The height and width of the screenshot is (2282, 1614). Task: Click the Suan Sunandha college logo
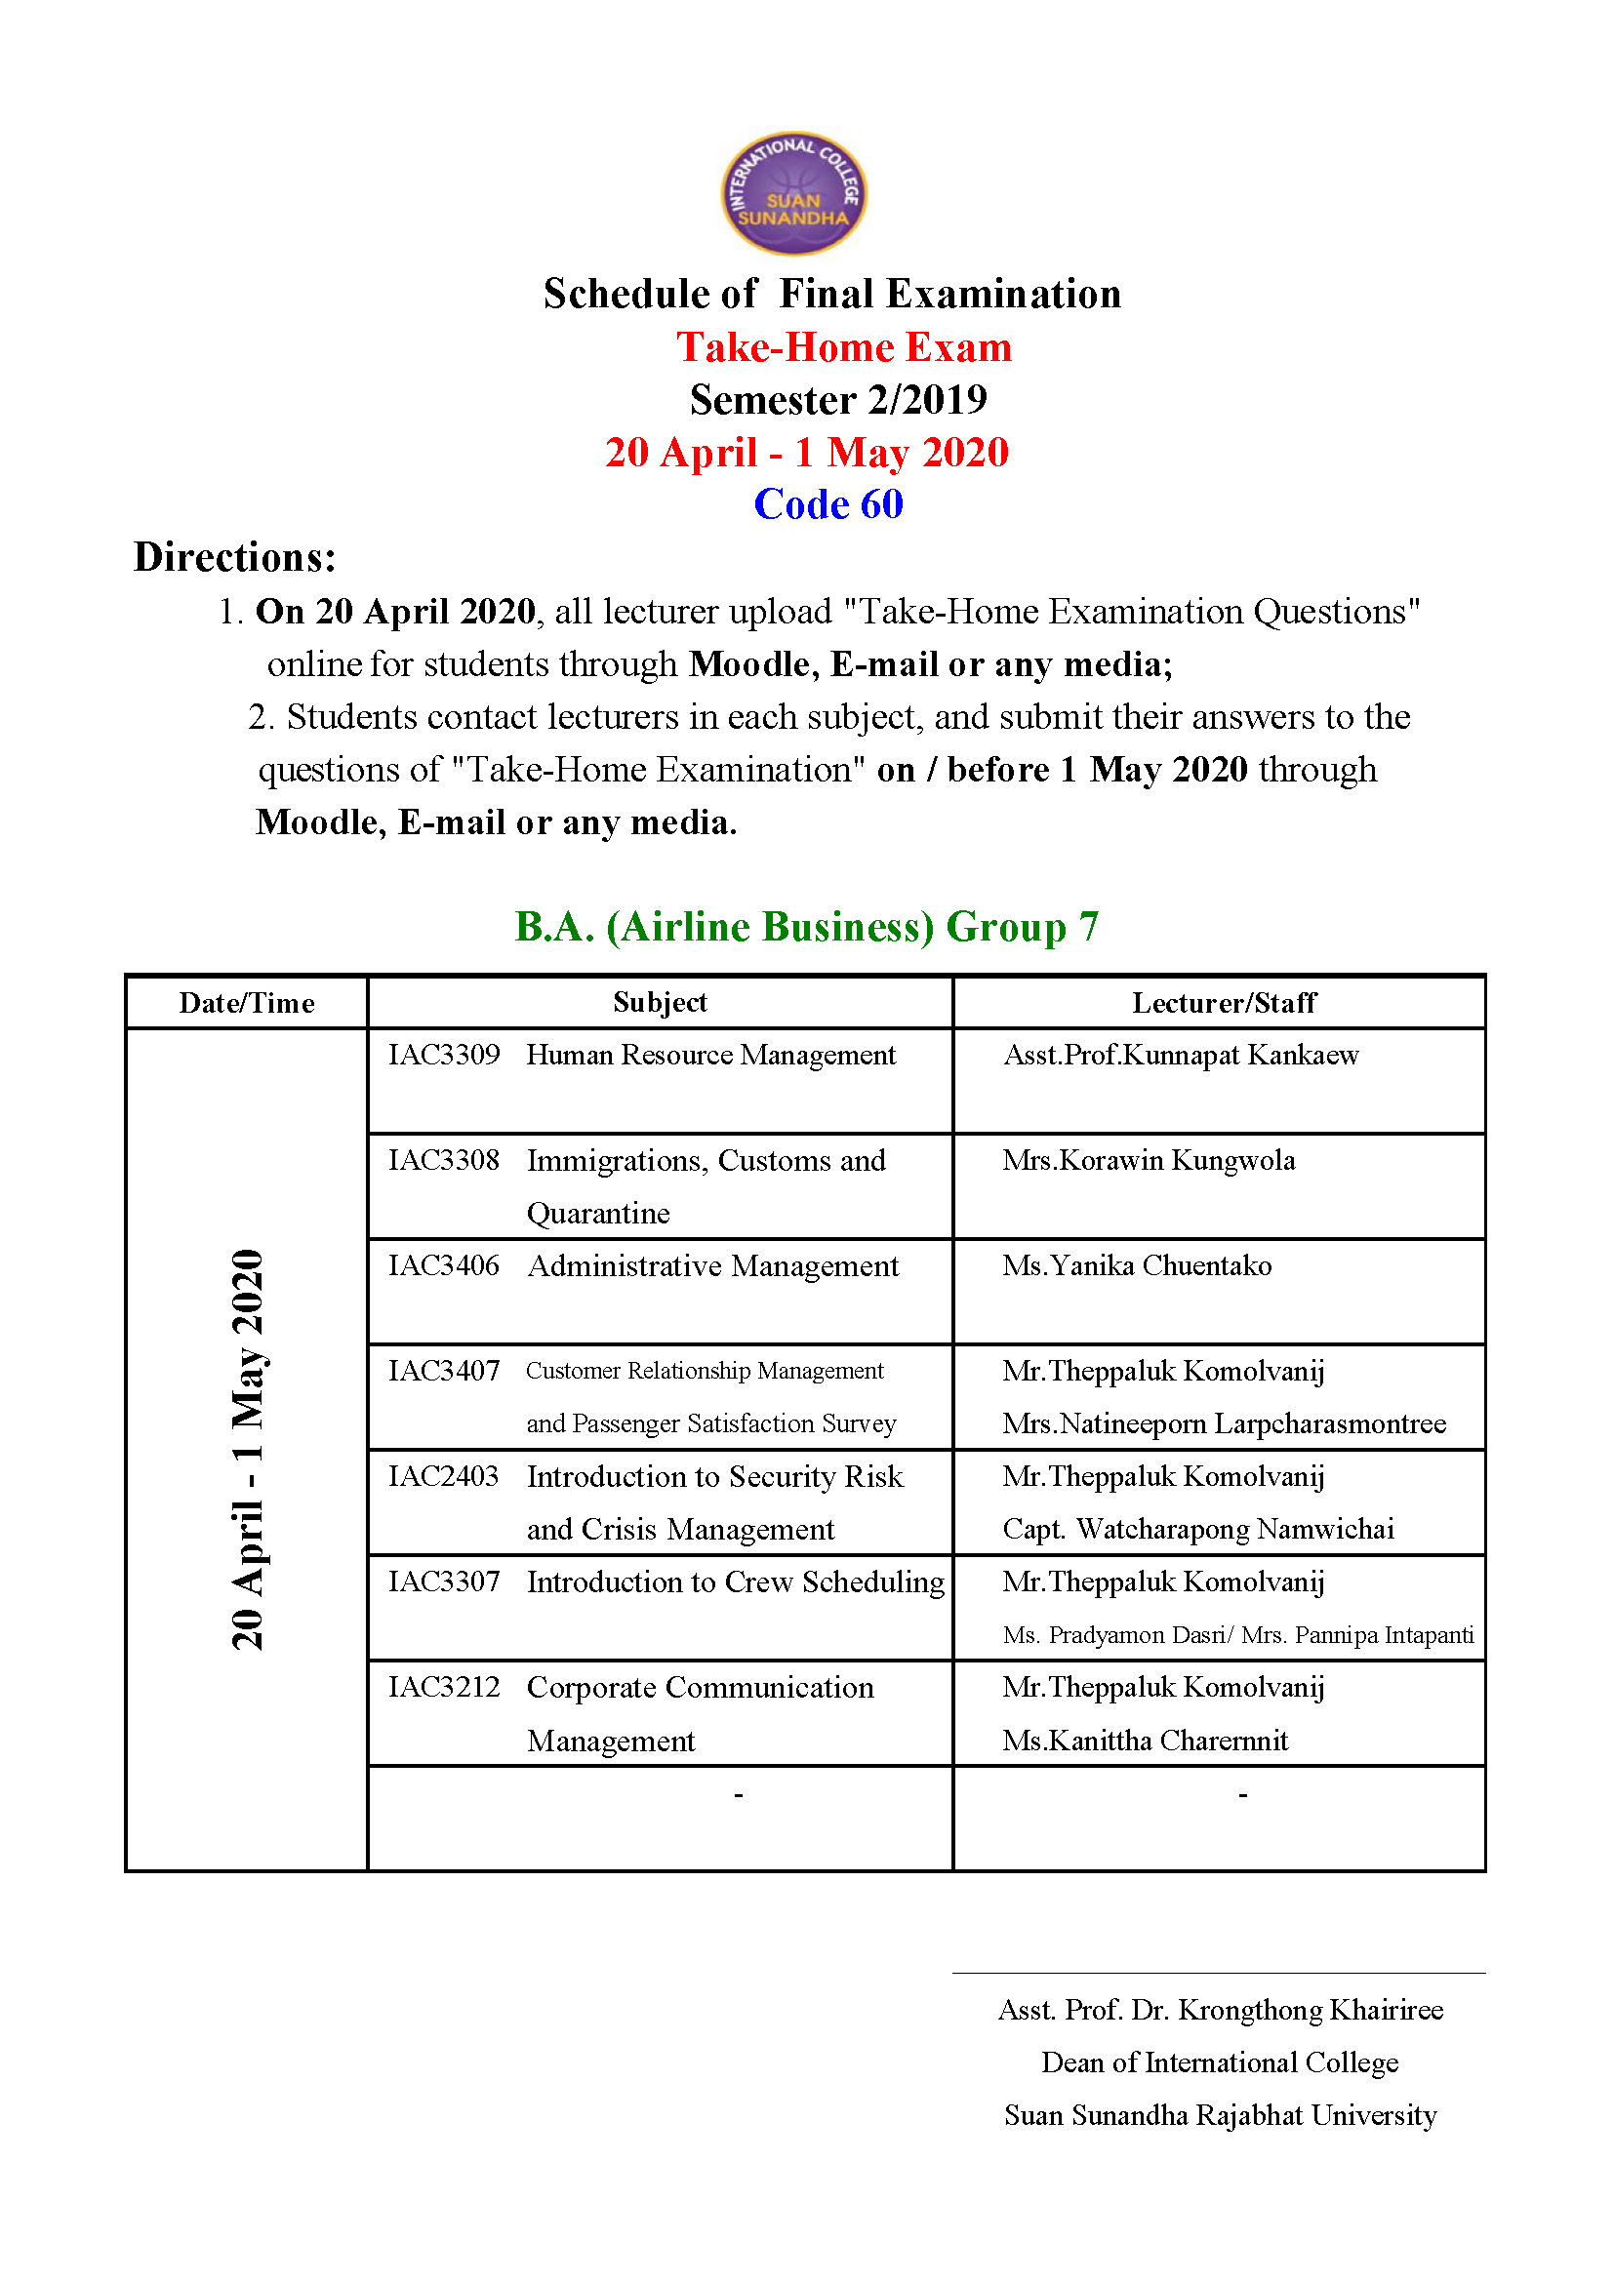tap(793, 194)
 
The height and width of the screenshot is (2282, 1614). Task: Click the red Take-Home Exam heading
tap(844, 347)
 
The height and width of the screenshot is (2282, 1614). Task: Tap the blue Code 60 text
tap(827, 503)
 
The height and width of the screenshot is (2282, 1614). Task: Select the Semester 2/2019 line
tap(838, 400)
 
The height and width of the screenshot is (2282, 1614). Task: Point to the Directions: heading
tap(234, 558)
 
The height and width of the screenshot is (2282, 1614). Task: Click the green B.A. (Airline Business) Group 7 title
tap(806, 926)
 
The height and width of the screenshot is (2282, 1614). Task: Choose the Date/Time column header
tap(247, 1003)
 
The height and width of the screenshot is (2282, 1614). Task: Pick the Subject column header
tap(660, 1002)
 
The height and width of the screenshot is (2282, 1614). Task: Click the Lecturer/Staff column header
tap(1224, 1003)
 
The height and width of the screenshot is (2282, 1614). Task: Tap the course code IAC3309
tap(443, 1055)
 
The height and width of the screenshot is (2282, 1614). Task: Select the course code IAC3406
tap(443, 1265)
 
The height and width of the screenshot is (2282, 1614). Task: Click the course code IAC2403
tap(443, 1476)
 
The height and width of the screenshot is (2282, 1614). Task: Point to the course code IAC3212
tap(443, 1687)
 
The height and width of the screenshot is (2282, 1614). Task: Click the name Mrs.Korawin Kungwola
tap(1148, 1160)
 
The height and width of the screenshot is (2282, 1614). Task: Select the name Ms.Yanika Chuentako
tap(1136, 1265)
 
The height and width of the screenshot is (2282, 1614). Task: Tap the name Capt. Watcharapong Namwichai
tap(1197, 1529)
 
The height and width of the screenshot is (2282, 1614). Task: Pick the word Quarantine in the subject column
tap(598, 1214)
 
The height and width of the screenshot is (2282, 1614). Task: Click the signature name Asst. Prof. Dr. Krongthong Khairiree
tap(1221, 2010)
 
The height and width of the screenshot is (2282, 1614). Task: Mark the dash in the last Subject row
tap(738, 1794)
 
